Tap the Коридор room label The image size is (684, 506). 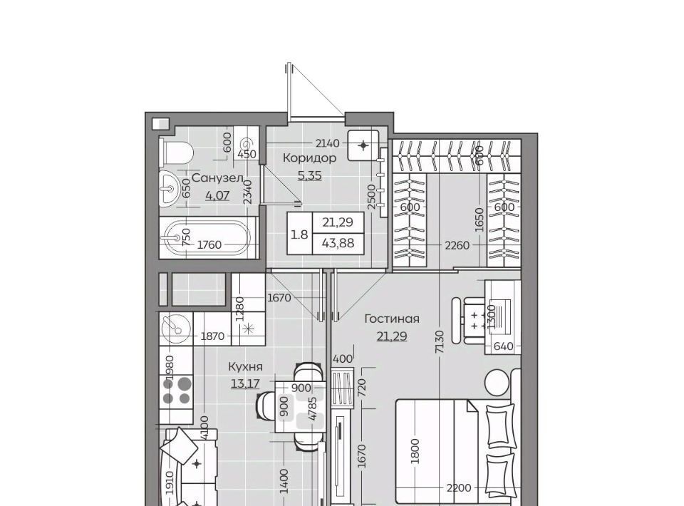click(x=309, y=158)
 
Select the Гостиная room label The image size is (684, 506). click(x=392, y=319)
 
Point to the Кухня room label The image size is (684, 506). click(x=245, y=367)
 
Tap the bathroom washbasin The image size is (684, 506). click(x=168, y=188)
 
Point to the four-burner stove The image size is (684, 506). click(x=177, y=391)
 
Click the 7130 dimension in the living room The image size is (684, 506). click(x=439, y=342)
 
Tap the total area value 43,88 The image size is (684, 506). click(x=338, y=243)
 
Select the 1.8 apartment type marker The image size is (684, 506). click(x=299, y=234)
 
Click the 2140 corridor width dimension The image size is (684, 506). click(x=327, y=143)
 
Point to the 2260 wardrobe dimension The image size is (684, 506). click(x=457, y=245)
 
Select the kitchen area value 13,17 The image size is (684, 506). click(x=245, y=384)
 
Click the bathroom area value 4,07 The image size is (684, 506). click(x=217, y=195)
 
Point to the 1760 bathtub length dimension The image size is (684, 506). click(x=209, y=244)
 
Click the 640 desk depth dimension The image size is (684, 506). click(x=504, y=346)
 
